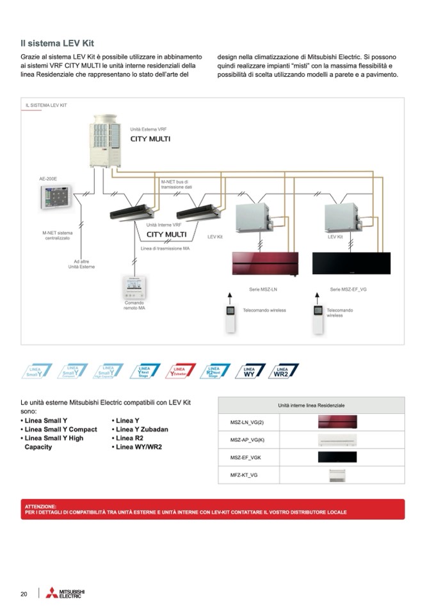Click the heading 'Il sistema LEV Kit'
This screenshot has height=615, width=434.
click(x=57, y=44)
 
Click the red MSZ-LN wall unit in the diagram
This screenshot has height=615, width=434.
click(x=265, y=264)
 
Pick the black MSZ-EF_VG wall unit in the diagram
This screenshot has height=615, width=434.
click(x=351, y=263)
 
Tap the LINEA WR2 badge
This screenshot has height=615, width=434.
click(x=282, y=371)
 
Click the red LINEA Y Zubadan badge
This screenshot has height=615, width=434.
click(x=180, y=371)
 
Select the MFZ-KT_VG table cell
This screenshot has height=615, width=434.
click(x=244, y=475)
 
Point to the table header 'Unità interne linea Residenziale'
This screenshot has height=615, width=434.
click(x=311, y=406)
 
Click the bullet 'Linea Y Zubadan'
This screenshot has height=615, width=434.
click(x=141, y=429)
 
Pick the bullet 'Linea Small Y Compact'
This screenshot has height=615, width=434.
click(x=59, y=429)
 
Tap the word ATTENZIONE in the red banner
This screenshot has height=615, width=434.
click(x=40, y=506)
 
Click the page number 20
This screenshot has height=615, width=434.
click(x=24, y=594)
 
